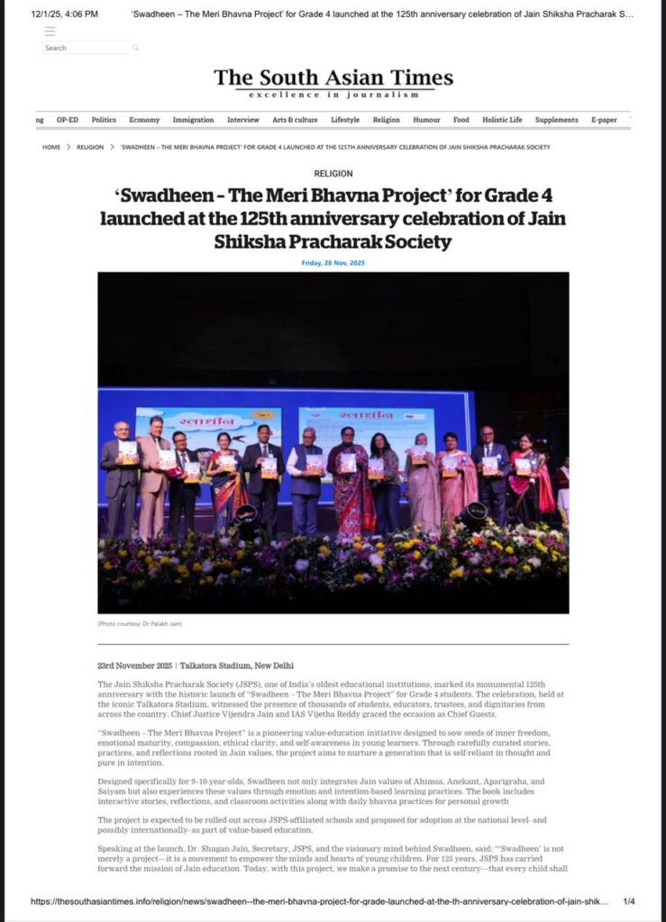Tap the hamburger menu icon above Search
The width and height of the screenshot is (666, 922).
[x=50, y=31]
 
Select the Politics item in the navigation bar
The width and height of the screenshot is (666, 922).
[x=104, y=120]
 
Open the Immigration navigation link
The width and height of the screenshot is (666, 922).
[x=193, y=120]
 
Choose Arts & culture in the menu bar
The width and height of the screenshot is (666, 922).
[x=295, y=120]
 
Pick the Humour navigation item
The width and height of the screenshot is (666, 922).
[x=426, y=120]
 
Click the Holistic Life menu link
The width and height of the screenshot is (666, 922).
[x=502, y=120]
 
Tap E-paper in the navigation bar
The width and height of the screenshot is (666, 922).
[x=604, y=120]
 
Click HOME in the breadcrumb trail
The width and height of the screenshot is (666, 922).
[x=51, y=147]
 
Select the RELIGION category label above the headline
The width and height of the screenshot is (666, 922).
[x=333, y=174]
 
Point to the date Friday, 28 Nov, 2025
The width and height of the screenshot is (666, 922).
[x=333, y=263]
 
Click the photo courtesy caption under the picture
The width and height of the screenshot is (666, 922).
[x=134, y=623]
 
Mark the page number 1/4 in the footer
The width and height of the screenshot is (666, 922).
[x=629, y=901]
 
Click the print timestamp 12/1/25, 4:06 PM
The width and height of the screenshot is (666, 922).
[x=65, y=14]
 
